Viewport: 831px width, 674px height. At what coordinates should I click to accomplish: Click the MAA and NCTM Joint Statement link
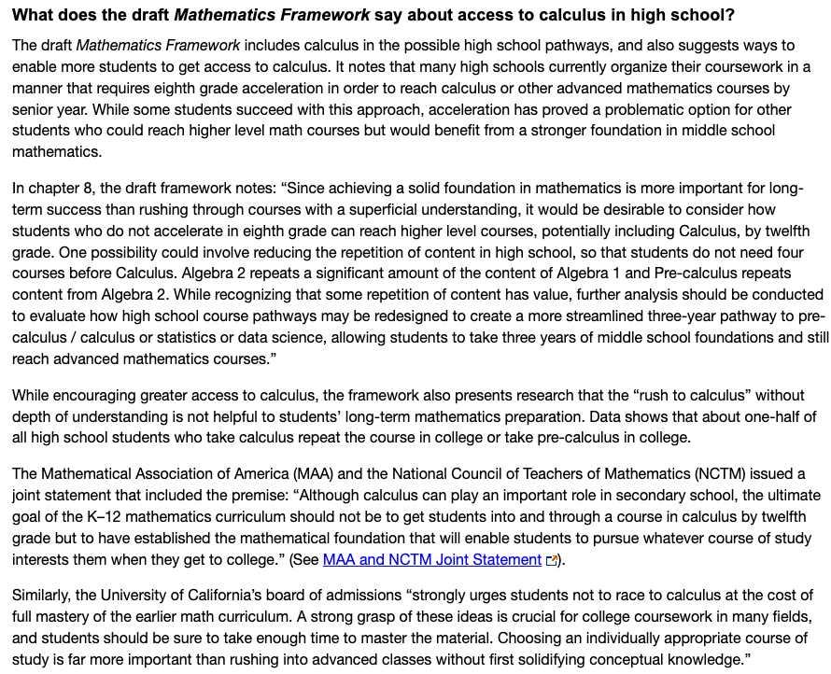(431, 560)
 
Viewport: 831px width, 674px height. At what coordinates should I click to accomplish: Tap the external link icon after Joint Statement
(552, 561)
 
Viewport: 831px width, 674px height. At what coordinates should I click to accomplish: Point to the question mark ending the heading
(731, 16)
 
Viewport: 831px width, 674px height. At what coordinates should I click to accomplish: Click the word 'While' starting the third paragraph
(33, 396)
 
